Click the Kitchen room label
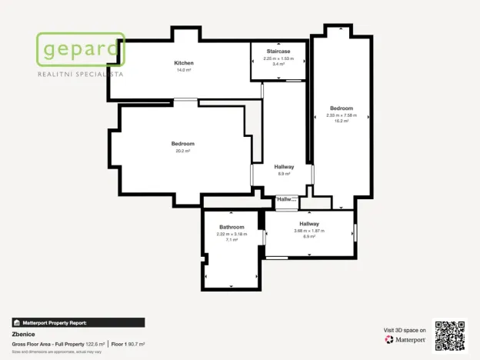[184, 63]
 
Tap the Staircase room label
[278, 52]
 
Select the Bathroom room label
[232, 227]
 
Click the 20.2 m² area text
[183, 151]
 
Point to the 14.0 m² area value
[184, 70]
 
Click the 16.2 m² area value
[342, 121]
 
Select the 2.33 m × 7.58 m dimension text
[342, 115]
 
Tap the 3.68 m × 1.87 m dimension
[309, 231]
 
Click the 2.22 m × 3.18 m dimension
[232, 234]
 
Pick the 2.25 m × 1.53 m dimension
[278, 58]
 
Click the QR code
[449, 336]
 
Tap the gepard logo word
[80, 51]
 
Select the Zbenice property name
[24, 335]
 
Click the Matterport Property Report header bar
[78, 323]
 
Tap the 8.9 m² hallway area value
[284, 174]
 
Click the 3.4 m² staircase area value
[278, 65]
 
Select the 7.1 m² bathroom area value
[232, 240]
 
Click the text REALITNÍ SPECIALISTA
[80, 75]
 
